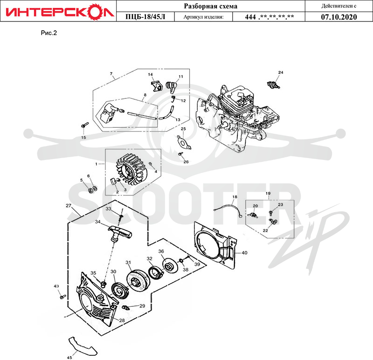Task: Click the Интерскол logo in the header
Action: pos(60,11)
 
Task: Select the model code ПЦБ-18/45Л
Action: pos(145,17)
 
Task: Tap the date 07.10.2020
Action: pos(339,17)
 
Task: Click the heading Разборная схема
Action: pos(211,6)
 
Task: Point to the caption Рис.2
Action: pos(49,33)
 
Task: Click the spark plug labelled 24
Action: pos(274,85)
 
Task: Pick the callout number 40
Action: pos(244,253)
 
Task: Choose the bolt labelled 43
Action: pos(63,297)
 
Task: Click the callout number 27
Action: pos(69,205)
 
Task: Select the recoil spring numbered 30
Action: pos(120,289)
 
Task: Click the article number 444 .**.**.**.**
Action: pos(269,17)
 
